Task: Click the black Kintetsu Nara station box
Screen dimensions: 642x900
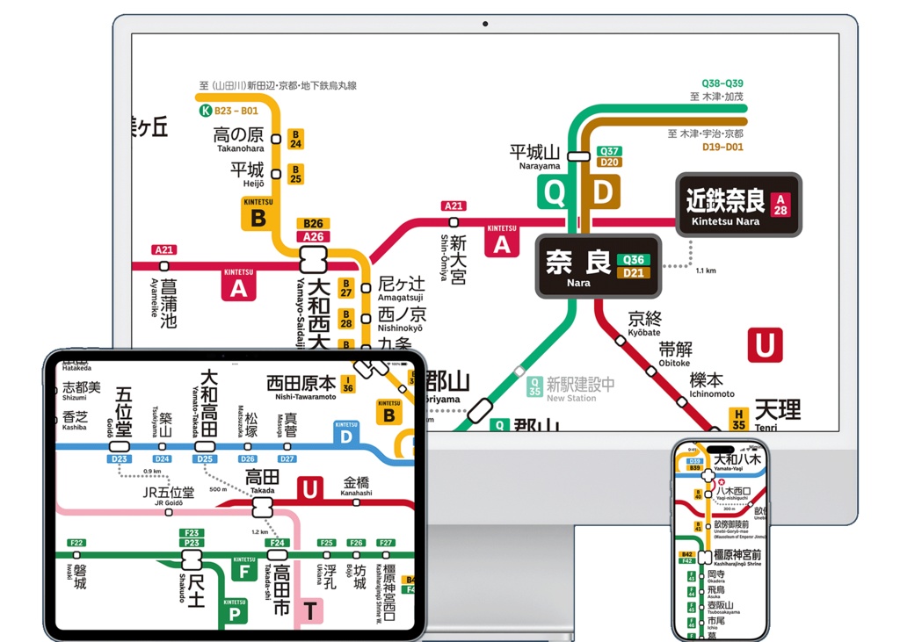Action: tap(738, 205)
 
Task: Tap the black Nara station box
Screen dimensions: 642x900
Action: tap(598, 266)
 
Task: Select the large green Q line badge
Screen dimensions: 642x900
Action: tap(555, 192)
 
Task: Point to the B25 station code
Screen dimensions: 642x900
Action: tap(296, 174)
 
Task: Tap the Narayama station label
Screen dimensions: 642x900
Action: tap(534, 156)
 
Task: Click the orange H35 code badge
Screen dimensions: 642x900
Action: tap(739, 420)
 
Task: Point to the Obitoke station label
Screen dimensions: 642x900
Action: tap(675, 354)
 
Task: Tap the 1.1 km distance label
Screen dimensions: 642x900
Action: tap(705, 271)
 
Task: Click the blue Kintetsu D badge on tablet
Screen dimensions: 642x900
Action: tap(346, 433)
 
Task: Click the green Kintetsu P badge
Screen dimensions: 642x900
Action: tap(235, 610)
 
